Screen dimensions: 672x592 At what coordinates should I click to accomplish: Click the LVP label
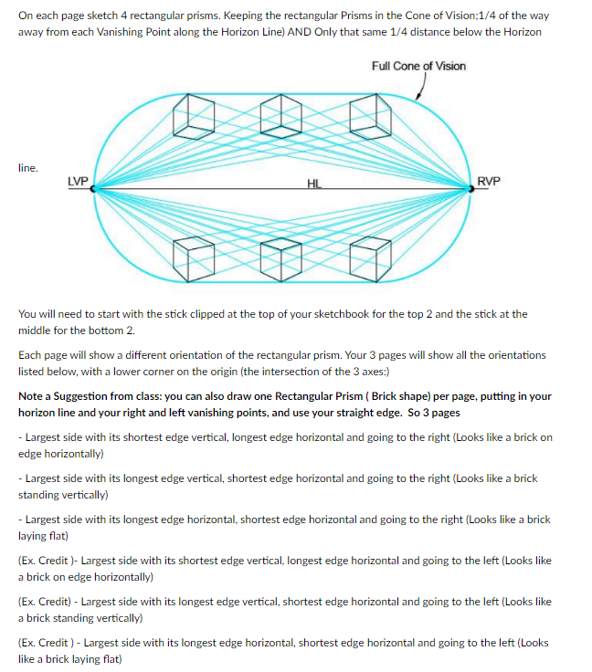78,181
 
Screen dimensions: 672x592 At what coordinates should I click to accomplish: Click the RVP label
490,181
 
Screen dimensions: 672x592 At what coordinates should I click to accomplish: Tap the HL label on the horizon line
314,184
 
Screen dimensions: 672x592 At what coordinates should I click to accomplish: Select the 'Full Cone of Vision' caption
418,66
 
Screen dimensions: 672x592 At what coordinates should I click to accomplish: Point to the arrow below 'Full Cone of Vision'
420,88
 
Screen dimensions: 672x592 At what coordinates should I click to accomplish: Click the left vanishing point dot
92,189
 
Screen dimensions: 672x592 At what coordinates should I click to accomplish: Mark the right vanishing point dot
471,189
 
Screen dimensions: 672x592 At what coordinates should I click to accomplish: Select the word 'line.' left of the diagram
28,168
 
